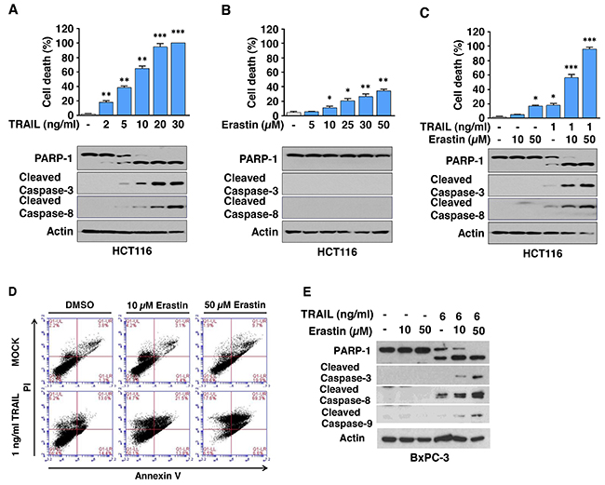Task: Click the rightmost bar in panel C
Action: (587, 82)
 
